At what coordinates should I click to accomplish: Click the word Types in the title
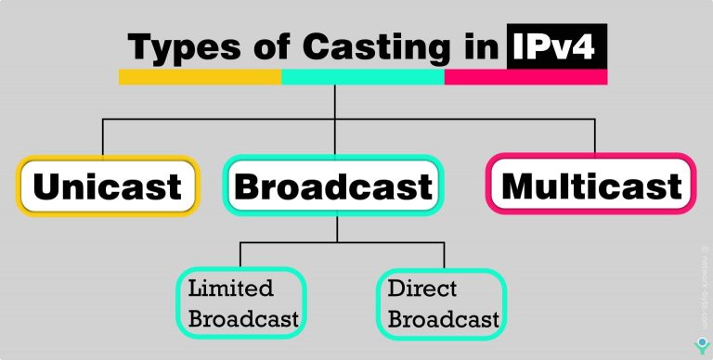176,47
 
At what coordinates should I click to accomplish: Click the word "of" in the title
262,47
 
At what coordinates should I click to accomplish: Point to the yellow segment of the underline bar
200,76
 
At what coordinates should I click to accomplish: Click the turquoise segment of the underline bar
363,76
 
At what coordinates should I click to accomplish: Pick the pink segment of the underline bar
525,76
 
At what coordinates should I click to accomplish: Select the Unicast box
107,186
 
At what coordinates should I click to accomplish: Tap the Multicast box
591,186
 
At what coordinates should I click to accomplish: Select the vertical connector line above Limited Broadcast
241,255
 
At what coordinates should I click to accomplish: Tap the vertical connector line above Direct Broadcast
444,255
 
